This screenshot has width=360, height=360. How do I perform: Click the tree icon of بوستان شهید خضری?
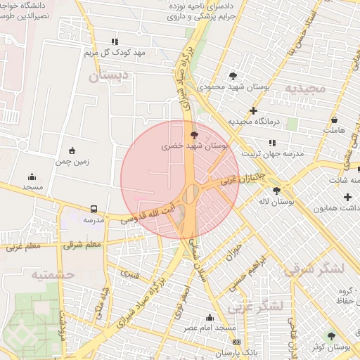point(194,134)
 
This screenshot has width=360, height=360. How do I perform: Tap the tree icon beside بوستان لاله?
point(276,190)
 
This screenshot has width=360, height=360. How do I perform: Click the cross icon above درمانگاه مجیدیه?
point(253,110)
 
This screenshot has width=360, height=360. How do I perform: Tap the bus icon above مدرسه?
point(94,209)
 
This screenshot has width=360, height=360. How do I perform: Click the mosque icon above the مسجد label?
point(32,176)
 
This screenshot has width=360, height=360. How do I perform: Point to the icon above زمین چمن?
point(72,150)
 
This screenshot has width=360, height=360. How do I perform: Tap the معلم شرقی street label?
point(82,245)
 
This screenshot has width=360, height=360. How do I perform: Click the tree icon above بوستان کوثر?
point(331,336)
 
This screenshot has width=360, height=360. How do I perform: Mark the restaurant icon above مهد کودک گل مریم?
point(115,41)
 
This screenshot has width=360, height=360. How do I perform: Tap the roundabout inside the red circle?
point(191,193)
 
